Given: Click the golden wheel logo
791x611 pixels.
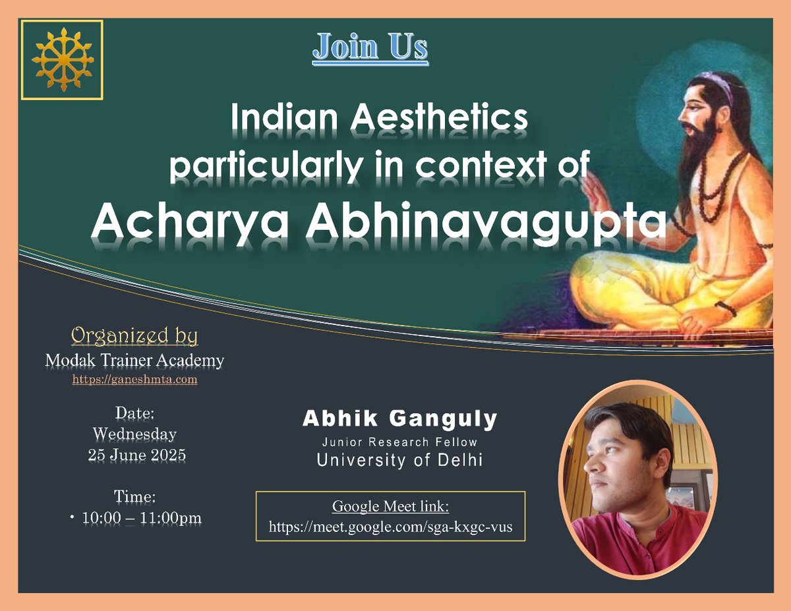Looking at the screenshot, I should click(62, 60).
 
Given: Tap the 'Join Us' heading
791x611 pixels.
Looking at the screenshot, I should click(370, 48).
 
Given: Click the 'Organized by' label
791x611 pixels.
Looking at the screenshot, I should click(134, 336).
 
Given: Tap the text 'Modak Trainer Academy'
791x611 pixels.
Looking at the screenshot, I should click(134, 361).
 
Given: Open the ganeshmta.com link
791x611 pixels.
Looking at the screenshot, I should click(134, 380).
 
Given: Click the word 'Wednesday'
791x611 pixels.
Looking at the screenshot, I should click(134, 434).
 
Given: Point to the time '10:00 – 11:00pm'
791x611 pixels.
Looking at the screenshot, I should click(141, 518).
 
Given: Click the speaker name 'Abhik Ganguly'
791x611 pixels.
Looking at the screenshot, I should click(400, 419).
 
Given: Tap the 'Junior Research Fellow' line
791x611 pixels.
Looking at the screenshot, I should click(399, 442).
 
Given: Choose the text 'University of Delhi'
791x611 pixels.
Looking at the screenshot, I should click(399, 460).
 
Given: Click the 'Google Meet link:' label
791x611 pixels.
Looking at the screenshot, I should click(390, 507).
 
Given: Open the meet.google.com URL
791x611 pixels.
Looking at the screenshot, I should click(390, 527).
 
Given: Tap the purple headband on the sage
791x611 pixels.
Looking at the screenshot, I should click(718, 86).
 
